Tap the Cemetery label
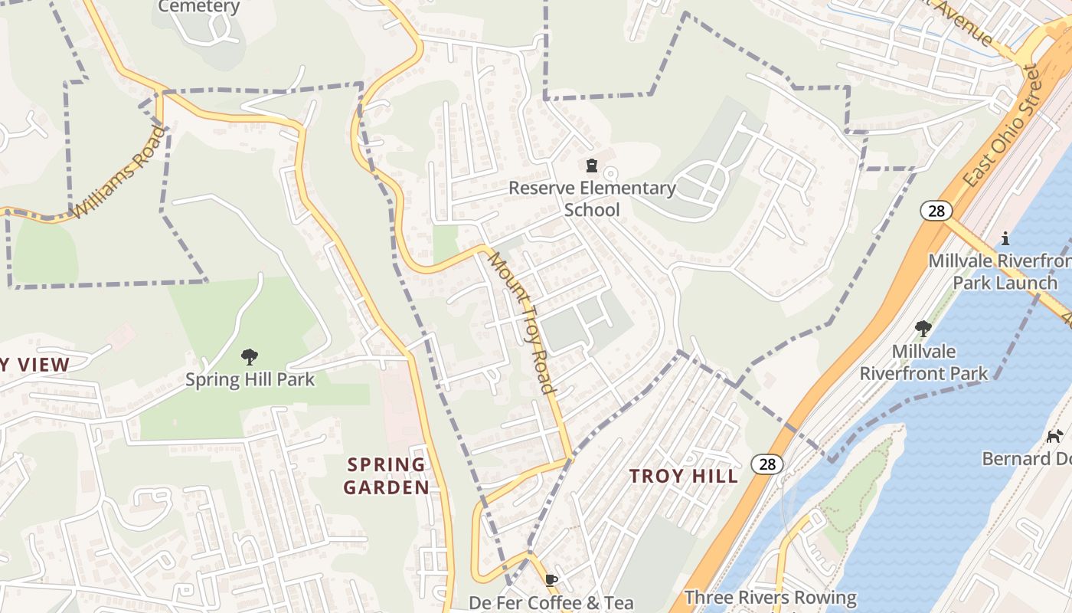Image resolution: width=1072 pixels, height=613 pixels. (x=199, y=8)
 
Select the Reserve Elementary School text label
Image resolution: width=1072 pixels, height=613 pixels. (x=592, y=198)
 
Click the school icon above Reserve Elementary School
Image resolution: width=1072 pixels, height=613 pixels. (x=591, y=166)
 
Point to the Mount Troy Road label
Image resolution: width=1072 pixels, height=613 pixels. (x=521, y=322)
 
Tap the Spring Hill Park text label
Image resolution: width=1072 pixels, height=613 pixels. (x=250, y=379)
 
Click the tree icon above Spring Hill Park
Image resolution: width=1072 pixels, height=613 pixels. (x=250, y=356)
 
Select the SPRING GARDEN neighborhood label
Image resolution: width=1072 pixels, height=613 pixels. (x=386, y=475)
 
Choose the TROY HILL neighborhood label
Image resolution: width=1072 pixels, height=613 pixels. (x=684, y=476)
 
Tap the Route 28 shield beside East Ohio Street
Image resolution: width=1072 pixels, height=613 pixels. (x=936, y=210)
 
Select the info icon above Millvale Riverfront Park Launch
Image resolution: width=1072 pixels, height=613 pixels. (x=1005, y=238)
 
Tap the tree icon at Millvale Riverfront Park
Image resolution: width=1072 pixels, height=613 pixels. (x=923, y=329)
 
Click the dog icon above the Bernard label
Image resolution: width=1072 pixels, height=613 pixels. (x=1054, y=436)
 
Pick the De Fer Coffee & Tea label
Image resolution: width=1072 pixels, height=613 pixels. (x=551, y=602)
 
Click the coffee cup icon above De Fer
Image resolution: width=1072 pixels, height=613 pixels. (x=551, y=580)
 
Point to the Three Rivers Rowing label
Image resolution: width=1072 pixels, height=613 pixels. (x=770, y=597)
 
